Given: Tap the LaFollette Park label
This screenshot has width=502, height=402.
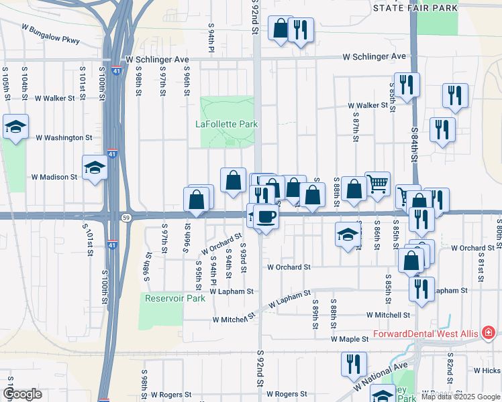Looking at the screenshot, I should click(x=227, y=124).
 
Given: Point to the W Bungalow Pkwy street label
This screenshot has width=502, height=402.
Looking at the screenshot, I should click(x=50, y=35).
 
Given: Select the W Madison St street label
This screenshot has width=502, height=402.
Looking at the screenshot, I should click(x=54, y=178).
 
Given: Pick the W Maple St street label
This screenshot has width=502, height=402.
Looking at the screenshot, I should click(x=350, y=340).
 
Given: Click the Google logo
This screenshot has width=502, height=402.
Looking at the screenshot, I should click(x=22, y=394).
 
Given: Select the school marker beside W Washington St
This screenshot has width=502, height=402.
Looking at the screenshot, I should click(x=15, y=126).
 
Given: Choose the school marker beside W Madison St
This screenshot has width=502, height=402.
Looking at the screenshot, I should click(x=95, y=167).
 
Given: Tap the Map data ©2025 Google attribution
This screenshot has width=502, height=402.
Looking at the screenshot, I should click(x=460, y=397).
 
